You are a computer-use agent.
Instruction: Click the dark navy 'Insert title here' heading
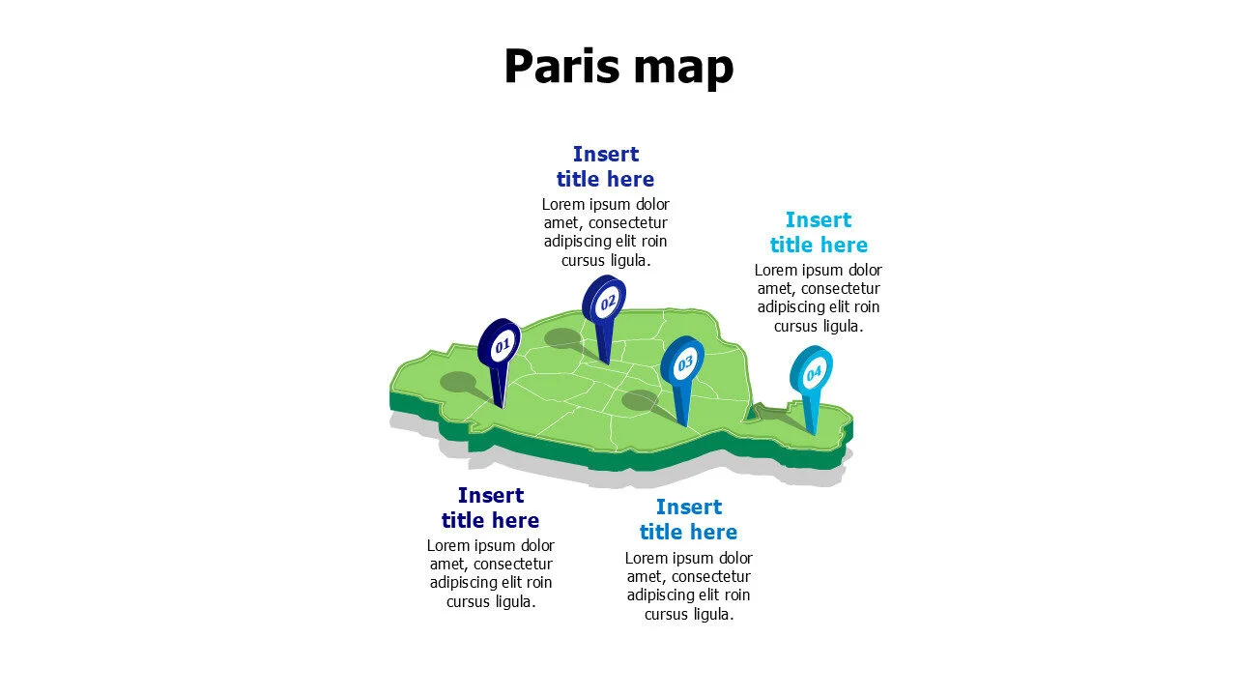[490, 507]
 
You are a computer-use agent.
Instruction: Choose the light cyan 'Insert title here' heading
[819, 232]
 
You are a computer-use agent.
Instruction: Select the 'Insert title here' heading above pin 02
[605, 166]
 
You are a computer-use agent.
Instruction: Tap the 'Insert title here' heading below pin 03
[688, 519]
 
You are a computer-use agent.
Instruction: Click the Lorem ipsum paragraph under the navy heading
[490, 573]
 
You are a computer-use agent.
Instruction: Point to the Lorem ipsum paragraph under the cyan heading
[819, 298]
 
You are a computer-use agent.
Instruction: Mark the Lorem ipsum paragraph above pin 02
[605, 232]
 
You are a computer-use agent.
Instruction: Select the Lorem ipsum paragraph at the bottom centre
[688, 585]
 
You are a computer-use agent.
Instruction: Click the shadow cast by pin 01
[458, 382]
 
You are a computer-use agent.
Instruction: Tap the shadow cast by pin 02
[562, 337]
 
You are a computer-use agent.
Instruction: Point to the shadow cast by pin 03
[640, 399]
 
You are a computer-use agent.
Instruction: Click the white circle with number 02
[608, 303]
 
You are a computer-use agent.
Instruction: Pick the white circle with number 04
[814, 372]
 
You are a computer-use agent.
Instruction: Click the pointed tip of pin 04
[814, 433]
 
